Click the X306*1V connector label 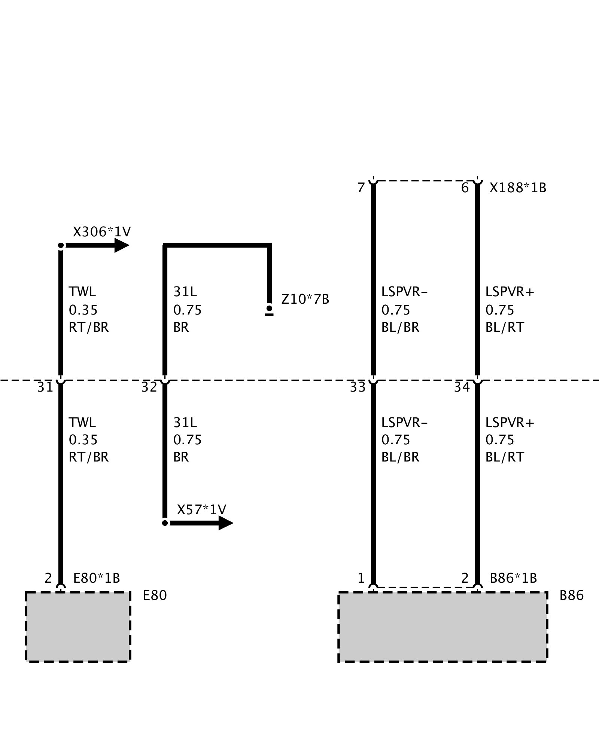point(101,232)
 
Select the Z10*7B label point(305,299)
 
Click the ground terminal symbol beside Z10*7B point(269,310)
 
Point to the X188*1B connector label point(518,188)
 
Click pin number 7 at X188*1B point(361,188)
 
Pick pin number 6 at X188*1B point(465,188)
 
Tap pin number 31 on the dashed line point(45,387)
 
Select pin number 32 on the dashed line point(149,387)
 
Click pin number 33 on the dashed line point(358,387)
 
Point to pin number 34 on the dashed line point(462,387)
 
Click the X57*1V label point(201,509)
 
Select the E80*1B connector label point(97,578)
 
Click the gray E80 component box point(78,627)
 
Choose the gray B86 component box point(443,627)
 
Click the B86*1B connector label point(513,578)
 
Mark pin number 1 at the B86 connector point(361,578)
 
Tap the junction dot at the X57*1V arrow point(165,523)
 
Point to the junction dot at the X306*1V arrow point(61,245)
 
